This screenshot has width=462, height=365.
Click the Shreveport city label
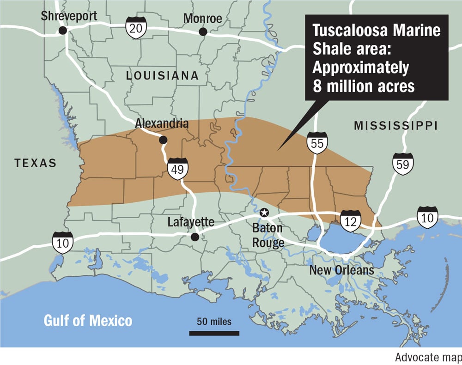(x=69, y=16)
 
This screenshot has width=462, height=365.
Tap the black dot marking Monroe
(x=202, y=32)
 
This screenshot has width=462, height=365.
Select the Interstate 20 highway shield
(x=136, y=27)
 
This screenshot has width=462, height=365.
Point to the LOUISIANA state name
(x=162, y=76)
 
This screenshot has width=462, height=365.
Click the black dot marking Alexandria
(x=163, y=140)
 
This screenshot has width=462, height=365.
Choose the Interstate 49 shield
(x=177, y=168)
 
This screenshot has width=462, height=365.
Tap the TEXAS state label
(x=35, y=163)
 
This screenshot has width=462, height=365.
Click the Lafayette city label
(x=190, y=222)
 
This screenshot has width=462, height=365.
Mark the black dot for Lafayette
(x=195, y=237)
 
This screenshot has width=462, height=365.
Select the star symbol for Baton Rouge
(x=264, y=213)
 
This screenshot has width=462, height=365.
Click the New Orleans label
(x=341, y=270)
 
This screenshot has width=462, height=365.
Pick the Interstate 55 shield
(x=317, y=143)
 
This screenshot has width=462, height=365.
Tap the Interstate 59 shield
(x=403, y=163)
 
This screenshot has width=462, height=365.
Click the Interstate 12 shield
(x=351, y=221)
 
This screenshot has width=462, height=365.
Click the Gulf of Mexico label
(x=88, y=320)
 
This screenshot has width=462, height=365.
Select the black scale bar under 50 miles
(x=214, y=333)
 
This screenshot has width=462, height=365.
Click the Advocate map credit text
(x=428, y=358)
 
